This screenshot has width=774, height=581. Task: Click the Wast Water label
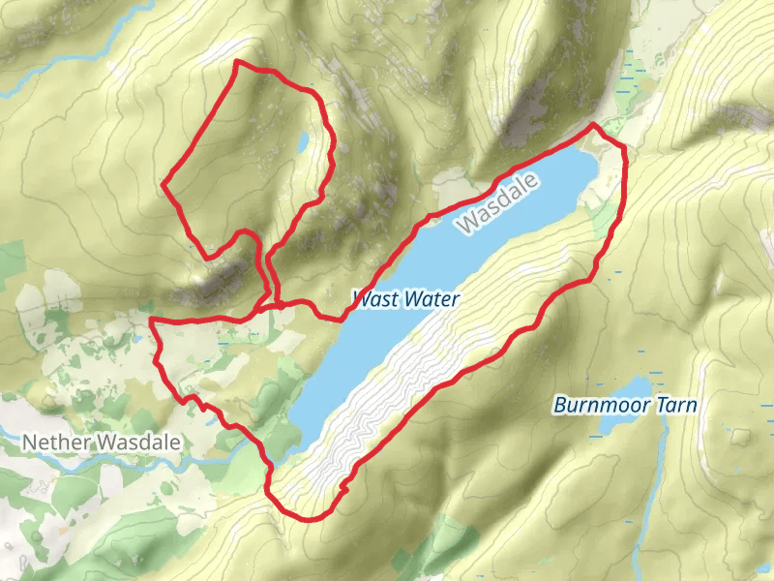(406, 299)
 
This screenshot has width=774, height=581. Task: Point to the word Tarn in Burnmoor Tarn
(674, 405)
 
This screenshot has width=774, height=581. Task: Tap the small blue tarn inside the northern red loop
(304, 142)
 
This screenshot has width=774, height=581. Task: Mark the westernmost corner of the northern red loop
(162, 182)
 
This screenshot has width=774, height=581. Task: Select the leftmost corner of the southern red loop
(151, 320)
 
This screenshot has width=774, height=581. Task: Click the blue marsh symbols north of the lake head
(634, 73)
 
